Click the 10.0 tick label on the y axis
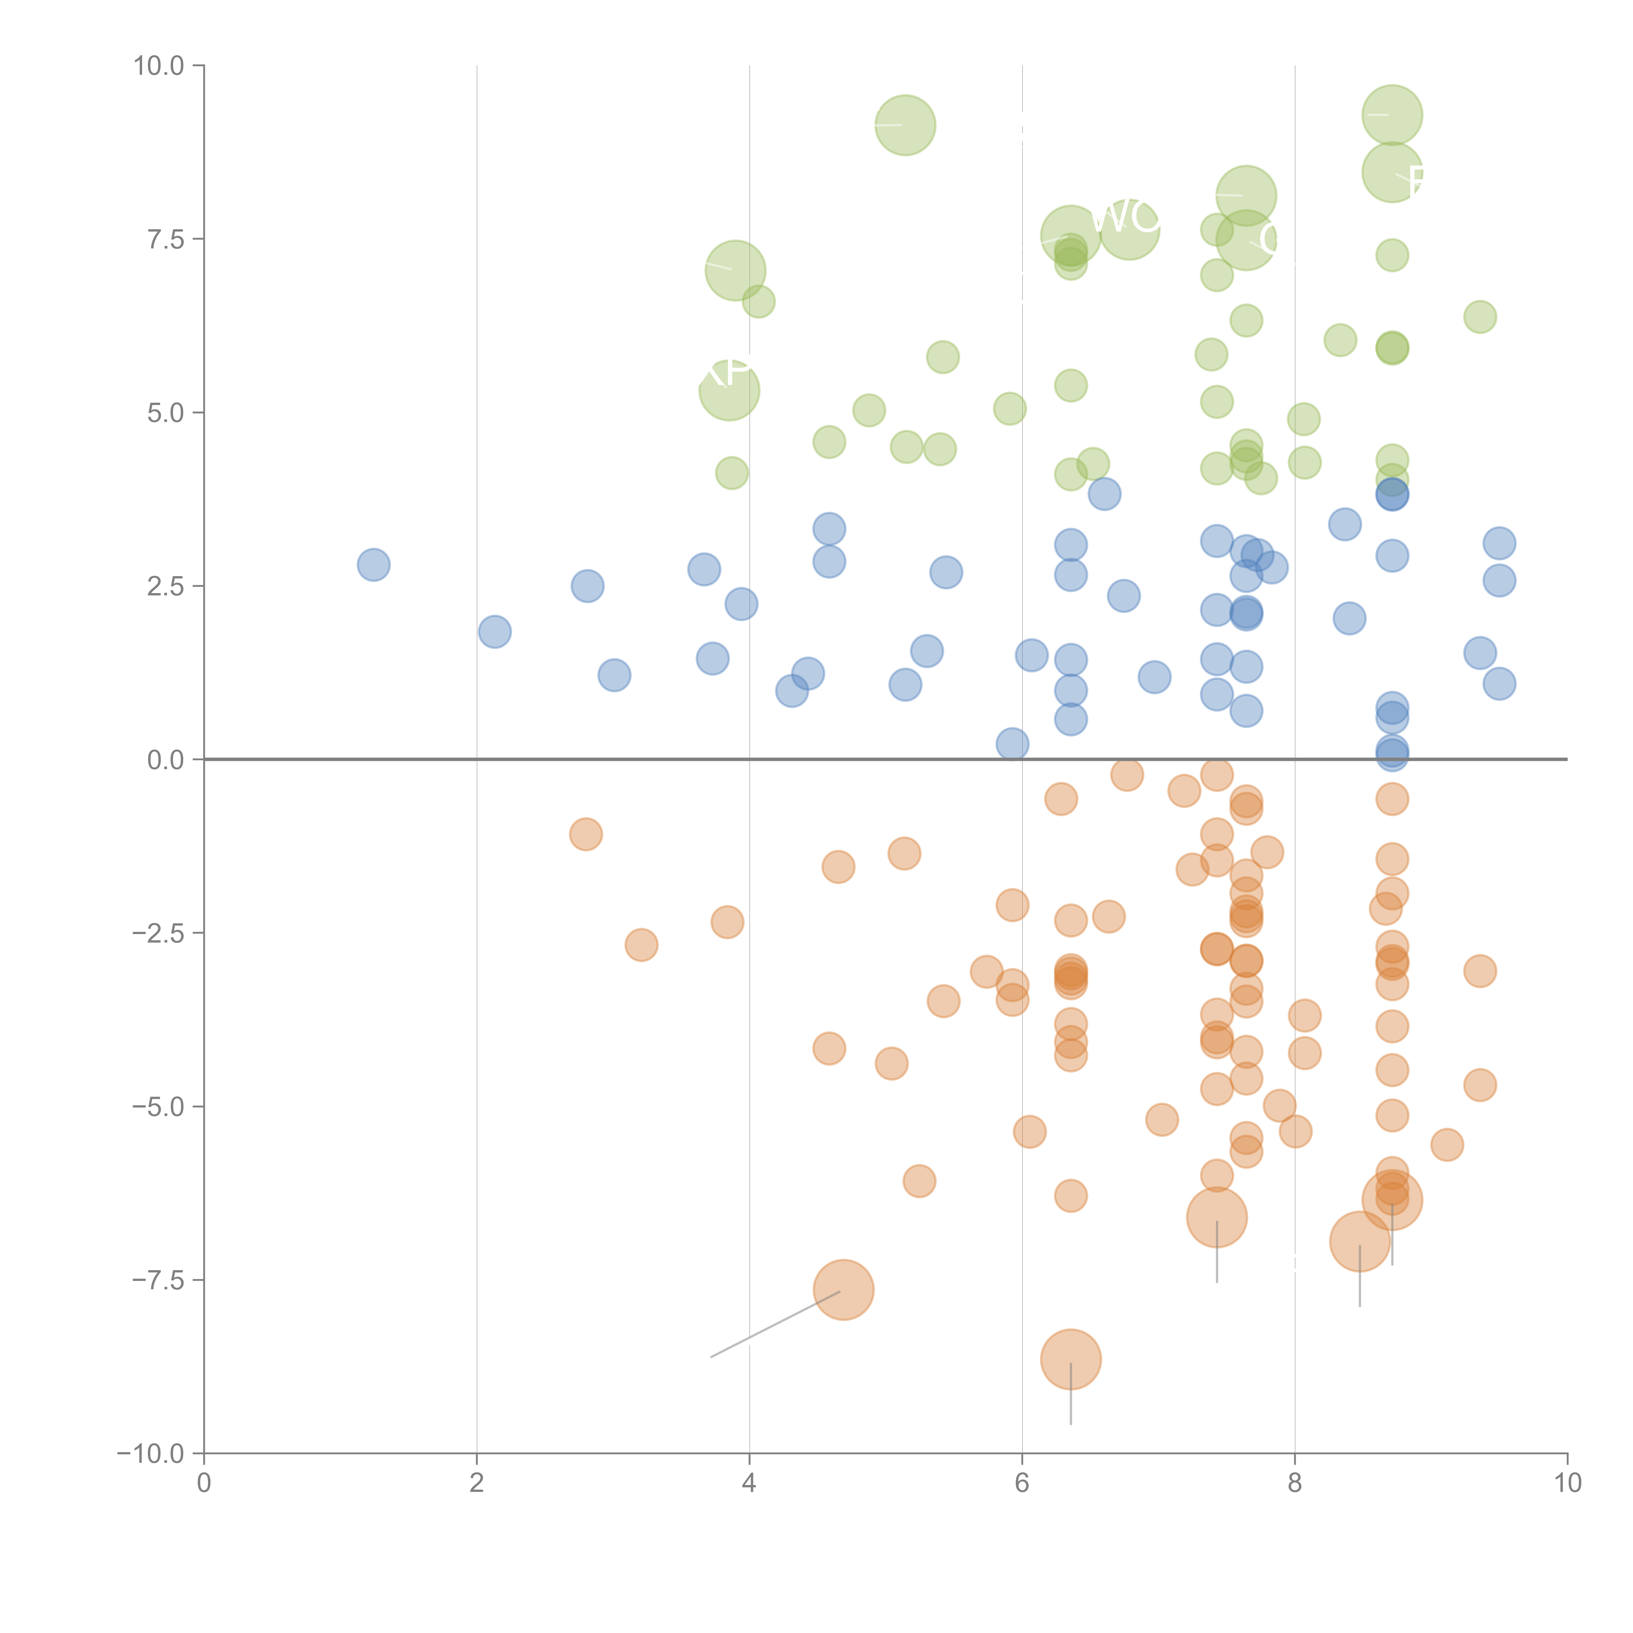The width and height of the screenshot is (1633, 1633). click(159, 66)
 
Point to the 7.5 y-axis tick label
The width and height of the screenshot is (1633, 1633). click(166, 239)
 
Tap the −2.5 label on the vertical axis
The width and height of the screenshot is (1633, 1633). click(159, 933)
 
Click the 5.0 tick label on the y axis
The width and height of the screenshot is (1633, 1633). click(166, 412)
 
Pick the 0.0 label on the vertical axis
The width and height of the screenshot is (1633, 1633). click(166, 760)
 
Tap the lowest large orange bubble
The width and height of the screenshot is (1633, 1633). click(1071, 1359)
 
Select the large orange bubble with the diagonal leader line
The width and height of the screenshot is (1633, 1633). click(844, 1290)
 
